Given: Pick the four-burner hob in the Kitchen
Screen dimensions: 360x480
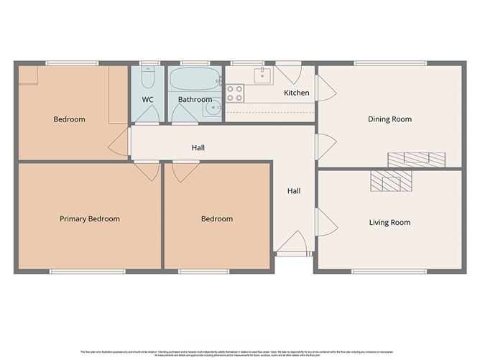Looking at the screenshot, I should pos(235,93).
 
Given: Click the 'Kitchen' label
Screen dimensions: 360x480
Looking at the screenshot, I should pos(297,93).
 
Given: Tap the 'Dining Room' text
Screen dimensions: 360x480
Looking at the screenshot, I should pos(389,119).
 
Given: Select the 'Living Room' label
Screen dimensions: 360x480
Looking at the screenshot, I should pos(389,223).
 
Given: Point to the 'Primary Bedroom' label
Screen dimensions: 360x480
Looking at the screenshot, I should pos(90,218).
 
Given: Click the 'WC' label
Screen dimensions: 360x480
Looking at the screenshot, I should pos(148,99).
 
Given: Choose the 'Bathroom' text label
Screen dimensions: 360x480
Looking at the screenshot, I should pos(195,99).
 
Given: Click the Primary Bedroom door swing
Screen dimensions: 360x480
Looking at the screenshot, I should pos(149,171).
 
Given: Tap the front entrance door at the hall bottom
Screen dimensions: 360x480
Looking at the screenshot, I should pos(294,244).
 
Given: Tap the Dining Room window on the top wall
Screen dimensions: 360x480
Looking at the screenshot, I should pos(389,63).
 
